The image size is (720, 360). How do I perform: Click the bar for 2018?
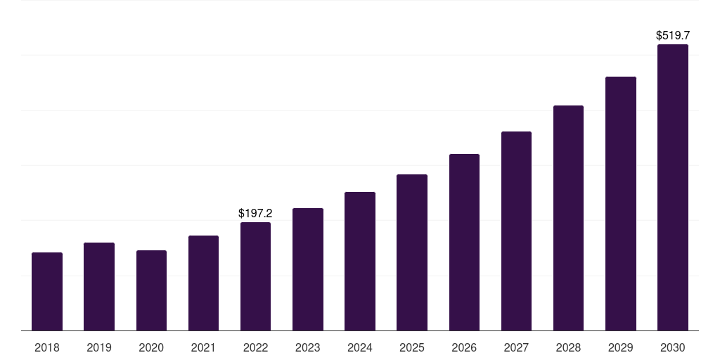(x=47, y=291)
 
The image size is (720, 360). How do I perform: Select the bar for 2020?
(x=151, y=290)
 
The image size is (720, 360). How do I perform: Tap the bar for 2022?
(x=255, y=276)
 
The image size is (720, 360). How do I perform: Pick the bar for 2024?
(x=360, y=261)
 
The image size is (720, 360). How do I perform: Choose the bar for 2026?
(x=464, y=242)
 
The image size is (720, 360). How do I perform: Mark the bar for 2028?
(x=568, y=218)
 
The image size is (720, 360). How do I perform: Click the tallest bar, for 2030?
(x=672, y=187)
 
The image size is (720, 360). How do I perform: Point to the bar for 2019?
(x=99, y=286)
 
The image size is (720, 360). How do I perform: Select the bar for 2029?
(x=620, y=203)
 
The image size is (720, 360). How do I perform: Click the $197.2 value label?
(x=255, y=213)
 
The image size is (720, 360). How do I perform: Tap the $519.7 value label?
(x=672, y=35)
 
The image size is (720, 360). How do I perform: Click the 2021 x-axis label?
(x=203, y=347)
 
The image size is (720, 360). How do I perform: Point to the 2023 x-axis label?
(x=307, y=347)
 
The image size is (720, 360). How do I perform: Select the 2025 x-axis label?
(x=412, y=347)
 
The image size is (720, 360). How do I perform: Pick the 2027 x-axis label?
(x=516, y=347)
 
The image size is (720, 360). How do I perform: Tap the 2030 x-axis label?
(x=672, y=347)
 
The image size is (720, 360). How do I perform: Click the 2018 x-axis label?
(x=47, y=347)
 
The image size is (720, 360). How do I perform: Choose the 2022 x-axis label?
(x=255, y=347)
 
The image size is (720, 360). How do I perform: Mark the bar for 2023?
(x=307, y=269)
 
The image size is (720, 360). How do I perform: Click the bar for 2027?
(x=516, y=231)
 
